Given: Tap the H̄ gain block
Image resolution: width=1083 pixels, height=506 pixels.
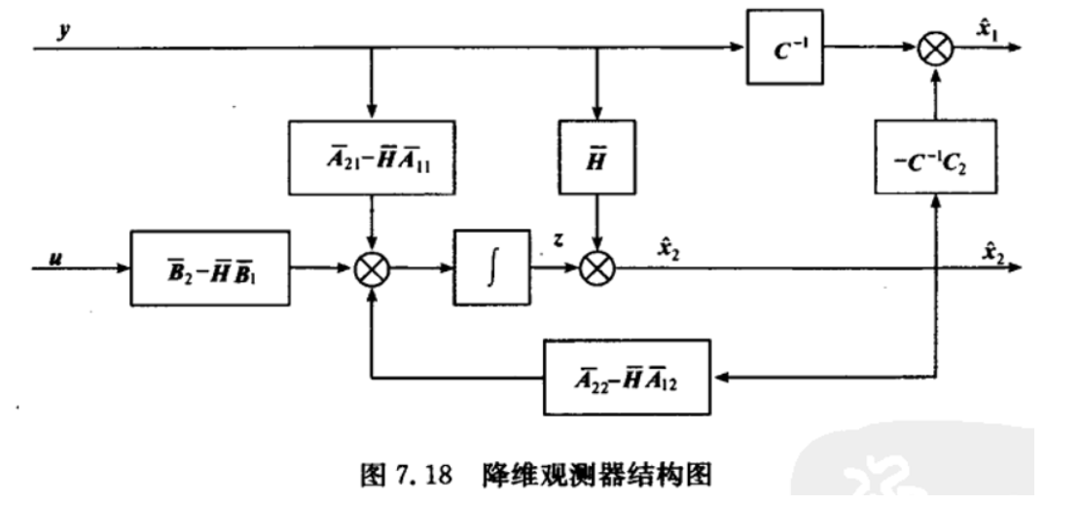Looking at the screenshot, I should coord(597,159).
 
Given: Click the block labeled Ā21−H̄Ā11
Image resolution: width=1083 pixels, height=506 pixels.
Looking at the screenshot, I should coord(372,159).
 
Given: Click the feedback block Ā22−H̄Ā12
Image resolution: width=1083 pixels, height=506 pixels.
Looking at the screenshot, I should coord(625,375).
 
